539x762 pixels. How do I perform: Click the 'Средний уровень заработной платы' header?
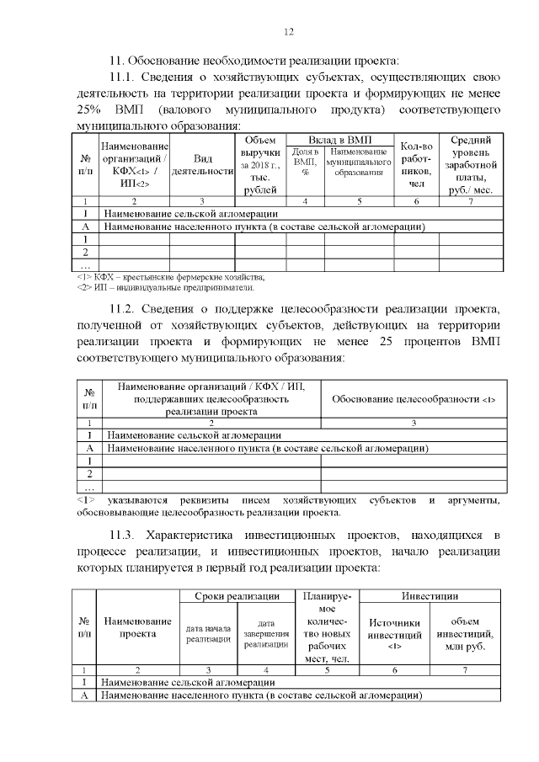coord(472,165)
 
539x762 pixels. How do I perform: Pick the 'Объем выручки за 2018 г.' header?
coord(259,165)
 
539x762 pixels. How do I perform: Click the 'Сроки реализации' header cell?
coord(237,596)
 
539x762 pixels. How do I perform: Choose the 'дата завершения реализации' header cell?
coord(266,633)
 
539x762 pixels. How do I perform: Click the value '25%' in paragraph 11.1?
coord(90,110)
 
